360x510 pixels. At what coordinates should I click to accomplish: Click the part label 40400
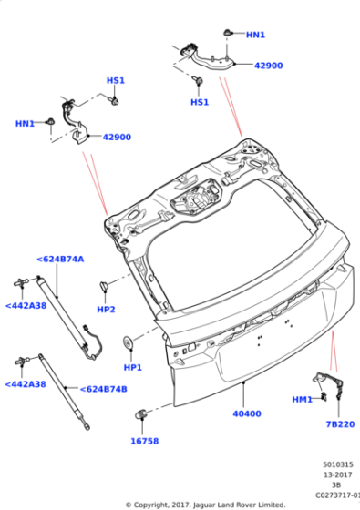coord(247,413)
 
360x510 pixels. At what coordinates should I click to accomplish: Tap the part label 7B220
coord(340,424)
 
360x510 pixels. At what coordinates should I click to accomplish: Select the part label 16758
coord(145,441)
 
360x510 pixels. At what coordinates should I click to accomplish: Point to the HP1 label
coord(133,368)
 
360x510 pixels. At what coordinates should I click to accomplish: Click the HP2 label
coord(106,310)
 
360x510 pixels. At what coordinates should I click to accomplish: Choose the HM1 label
coord(302,400)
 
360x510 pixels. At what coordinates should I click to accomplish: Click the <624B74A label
coord(60,260)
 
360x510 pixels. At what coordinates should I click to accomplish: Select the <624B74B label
coord(103,389)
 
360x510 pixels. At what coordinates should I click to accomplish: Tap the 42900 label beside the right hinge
coord(268,66)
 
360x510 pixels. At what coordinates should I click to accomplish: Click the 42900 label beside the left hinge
coord(117,137)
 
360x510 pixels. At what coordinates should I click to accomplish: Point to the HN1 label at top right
coord(255,35)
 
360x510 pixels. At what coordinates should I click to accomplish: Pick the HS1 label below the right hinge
coord(200,102)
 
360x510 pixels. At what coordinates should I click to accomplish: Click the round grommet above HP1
coord(128,343)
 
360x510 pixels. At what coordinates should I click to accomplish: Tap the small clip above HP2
coord(104,286)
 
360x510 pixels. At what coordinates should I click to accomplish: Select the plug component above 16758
coord(140,413)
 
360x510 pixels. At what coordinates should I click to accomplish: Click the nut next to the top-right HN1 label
coord(228,33)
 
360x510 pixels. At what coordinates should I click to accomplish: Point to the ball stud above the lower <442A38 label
coord(22,361)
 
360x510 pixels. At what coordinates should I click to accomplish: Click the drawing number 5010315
coord(338,464)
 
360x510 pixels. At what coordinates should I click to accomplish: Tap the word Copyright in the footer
coord(149,505)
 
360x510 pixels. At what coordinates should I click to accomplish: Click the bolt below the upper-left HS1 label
coord(115,101)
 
